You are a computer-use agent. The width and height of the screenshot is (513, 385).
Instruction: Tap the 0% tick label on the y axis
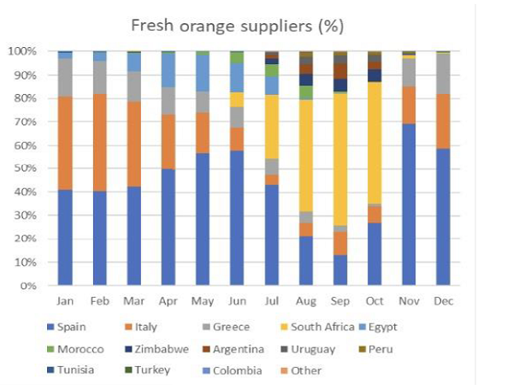click(x=27, y=286)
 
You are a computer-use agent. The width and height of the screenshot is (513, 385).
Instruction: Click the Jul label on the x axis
click(x=271, y=302)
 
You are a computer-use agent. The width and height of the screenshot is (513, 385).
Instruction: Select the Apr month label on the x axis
click(x=168, y=302)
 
